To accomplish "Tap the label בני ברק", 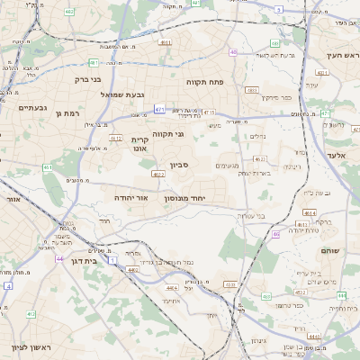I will [90, 79].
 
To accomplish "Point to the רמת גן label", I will [67, 112].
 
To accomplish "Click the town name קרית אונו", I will [140, 145].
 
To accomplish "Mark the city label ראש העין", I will [341, 56].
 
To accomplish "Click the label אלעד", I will [338, 156].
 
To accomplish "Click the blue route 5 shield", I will [279, 9].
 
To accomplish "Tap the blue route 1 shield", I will [112, 259].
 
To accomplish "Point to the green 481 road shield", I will [94, 63].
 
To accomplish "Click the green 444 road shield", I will [342, 295].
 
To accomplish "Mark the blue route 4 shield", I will [7, 285].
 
